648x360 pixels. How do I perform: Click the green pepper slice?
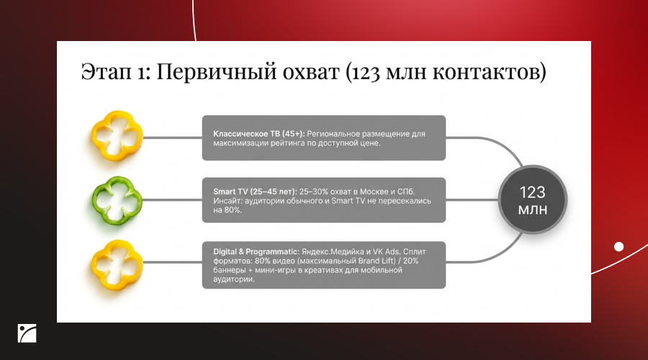117,200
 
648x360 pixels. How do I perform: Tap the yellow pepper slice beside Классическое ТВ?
117,135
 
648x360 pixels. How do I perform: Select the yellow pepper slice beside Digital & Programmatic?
117,265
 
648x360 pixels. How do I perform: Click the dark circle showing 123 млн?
532,200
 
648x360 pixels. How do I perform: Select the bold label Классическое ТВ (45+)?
258,133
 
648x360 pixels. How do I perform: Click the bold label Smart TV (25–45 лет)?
255,192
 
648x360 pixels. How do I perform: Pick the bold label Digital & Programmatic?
256,252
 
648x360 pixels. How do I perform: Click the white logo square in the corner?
27,333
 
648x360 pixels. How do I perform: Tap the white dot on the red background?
618,247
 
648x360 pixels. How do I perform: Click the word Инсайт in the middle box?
228,201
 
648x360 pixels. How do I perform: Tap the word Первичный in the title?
217,71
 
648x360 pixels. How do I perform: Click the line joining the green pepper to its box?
172,200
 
